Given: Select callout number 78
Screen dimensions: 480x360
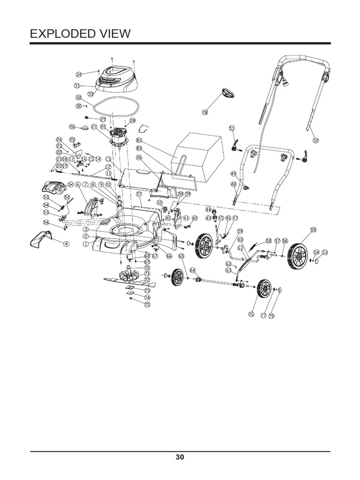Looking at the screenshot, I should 204,112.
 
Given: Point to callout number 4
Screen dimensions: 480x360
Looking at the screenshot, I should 66,244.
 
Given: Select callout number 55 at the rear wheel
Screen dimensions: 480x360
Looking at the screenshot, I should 313,230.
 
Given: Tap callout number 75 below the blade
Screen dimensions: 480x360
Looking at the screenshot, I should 147,304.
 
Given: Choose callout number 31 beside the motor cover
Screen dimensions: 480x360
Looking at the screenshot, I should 77,86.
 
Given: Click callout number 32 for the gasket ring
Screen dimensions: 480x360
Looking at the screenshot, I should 78,97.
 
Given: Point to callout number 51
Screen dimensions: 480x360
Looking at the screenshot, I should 232,127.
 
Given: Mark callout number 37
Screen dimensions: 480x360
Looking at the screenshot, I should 138,194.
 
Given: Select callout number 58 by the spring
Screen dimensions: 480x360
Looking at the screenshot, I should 269,241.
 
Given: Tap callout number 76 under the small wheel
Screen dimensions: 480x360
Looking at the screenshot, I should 251,315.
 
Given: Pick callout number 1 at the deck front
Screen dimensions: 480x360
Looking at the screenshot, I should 85,244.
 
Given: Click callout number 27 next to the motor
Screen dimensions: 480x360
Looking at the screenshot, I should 94,127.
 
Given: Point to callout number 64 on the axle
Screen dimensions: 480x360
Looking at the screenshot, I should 193,270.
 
